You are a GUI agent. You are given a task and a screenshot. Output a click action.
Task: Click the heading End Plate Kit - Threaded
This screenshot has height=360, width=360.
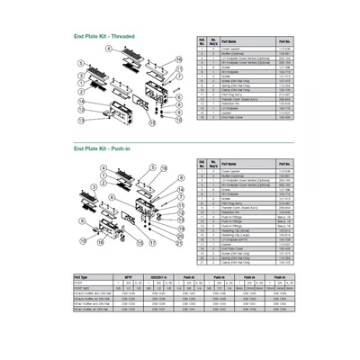pyautogui.click(x=103, y=36)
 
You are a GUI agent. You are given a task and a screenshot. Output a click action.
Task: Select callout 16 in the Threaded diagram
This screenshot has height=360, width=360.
pyautogui.click(x=178, y=58)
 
